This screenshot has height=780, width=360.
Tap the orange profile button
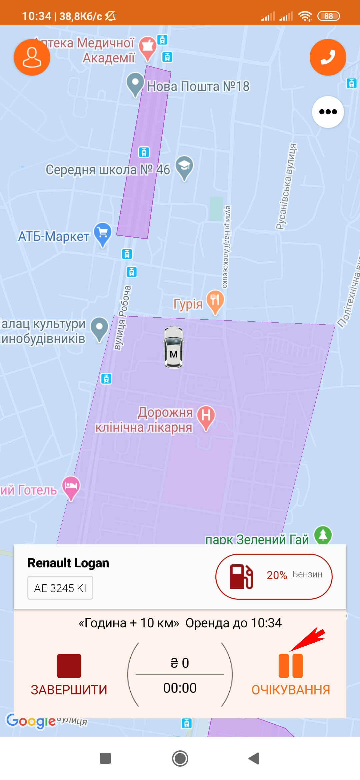pyautogui.click(x=32, y=57)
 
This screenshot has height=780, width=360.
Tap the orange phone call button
pyautogui.click(x=328, y=57)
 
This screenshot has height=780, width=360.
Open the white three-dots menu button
pyautogui.click(x=328, y=112)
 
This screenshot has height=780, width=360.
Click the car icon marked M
pyautogui.click(x=173, y=347)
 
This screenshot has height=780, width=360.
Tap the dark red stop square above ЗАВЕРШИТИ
pyautogui.click(x=69, y=666)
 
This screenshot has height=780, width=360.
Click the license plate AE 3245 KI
pyautogui.click(x=60, y=588)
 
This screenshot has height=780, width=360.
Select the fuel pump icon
pyautogui.click(x=241, y=576)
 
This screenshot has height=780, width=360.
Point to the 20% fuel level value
pyautogui.click(x=277, y=575)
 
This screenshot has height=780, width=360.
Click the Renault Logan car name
pyautogui.click(x=68, y=563)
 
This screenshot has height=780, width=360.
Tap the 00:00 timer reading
pyautogui.click(x=180, y=688)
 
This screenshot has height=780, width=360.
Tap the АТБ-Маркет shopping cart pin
pyautogui.click(x=103, y=233)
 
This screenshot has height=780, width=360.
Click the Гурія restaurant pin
pyautogui.click(x=215, y=301)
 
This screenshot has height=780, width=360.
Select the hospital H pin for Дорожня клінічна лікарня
pyautogui.click(x=206, y=416)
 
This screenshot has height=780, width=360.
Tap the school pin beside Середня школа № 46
pyautogui.click(x=184, y=167)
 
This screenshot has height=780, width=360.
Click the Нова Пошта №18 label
pyautogui.click(x=198, y=86)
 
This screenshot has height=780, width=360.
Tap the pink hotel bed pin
pyautogui.click(x=71, y=487)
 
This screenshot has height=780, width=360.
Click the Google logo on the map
pyautogui.click(x=31, y=721)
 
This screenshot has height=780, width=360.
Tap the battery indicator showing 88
pyautogui.click(x=328, y=16)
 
